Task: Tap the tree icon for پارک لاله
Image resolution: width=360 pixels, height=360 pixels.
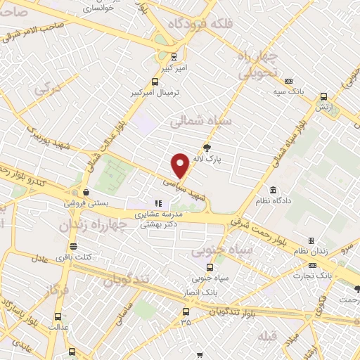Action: [207, 148]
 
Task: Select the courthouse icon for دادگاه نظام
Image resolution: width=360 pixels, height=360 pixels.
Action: [273, 190]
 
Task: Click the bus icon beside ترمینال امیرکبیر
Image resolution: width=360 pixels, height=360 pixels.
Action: [156, 81]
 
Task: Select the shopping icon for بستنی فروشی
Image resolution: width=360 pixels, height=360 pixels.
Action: [86, 191]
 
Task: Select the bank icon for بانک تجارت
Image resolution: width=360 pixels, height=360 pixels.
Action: [312, 265]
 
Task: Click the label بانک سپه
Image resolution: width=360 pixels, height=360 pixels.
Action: [289, 92]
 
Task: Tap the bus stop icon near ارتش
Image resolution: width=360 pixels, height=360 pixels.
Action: [323, 97]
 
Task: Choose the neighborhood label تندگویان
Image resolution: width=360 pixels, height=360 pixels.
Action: [127, 279]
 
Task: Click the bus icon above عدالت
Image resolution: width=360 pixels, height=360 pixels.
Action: [58, 316]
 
